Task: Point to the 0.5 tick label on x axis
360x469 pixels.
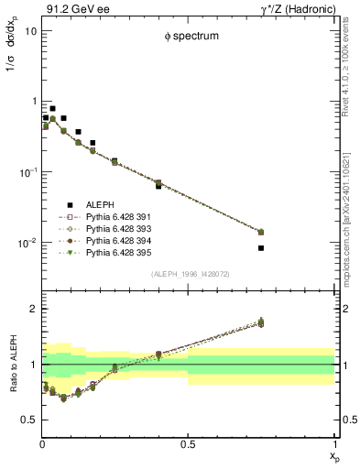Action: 188,443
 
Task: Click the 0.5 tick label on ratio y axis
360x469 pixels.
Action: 28,420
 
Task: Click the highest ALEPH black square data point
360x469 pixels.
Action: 52,108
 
